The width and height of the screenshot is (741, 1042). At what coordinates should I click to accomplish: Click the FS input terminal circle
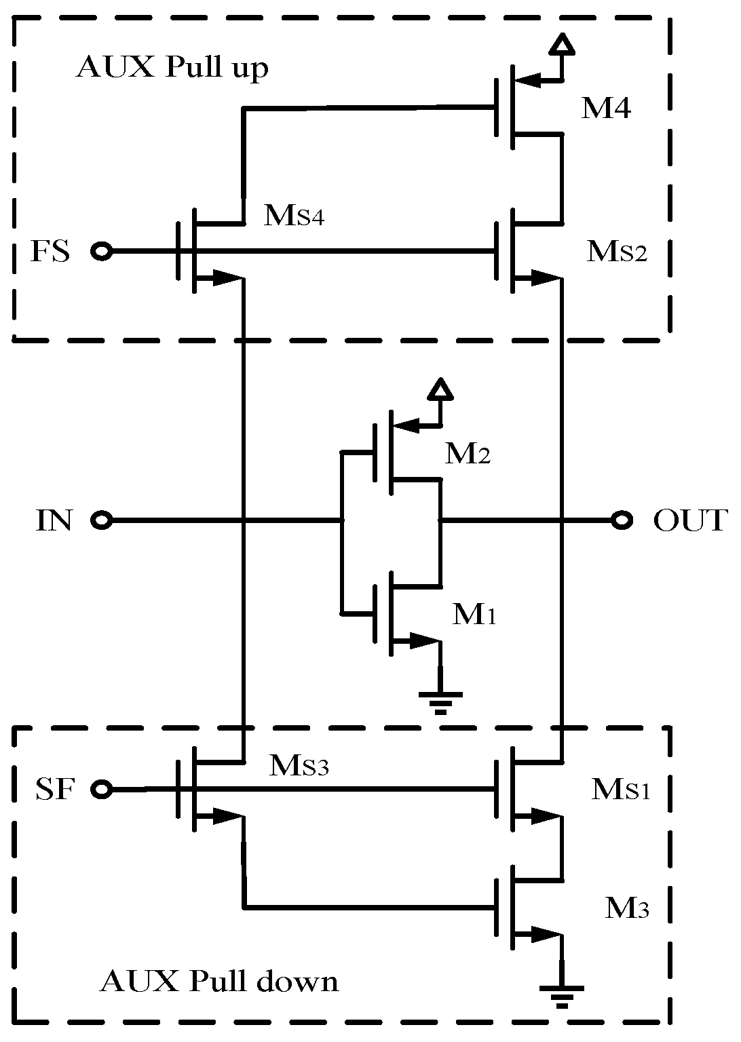tap(102, 252)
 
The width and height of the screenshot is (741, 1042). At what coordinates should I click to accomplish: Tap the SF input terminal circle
tap(102, 789)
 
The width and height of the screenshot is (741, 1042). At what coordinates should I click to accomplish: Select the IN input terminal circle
tap(102, 521)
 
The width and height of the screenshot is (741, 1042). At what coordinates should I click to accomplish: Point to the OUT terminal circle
tap(622, 521)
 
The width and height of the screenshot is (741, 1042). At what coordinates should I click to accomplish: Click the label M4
tap(606, 109)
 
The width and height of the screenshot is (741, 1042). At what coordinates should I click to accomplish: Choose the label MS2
tap(617, 252)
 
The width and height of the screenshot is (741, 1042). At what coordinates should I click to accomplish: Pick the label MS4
tap(294, 216)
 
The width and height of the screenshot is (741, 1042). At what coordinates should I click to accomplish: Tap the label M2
tap(468, 454)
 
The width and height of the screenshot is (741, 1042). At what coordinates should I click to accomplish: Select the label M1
tap(475, 615)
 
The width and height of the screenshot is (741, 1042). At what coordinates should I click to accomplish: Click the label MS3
tap(299, 766)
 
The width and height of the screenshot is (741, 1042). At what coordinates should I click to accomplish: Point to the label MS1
tap(621, 789)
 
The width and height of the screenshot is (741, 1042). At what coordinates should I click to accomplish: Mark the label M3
tap(627, 908)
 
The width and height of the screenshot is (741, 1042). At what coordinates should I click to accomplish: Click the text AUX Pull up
tap(172, 69)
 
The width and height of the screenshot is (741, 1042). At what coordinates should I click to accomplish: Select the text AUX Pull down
tap(218, 982)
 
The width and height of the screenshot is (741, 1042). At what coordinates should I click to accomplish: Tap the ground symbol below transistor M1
tap(440, 701)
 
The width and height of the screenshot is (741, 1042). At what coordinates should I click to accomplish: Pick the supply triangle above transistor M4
tap(562, 44)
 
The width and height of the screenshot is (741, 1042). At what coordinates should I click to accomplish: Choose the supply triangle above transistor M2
tap(441, 389)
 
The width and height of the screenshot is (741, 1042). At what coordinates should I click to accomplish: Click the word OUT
tap(689, 521)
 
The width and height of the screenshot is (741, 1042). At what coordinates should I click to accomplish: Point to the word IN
tap(54, 521)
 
